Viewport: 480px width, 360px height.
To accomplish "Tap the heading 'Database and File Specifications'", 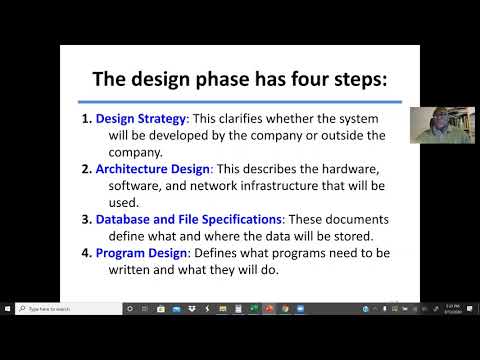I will pyautogui.click(x=189, y=219).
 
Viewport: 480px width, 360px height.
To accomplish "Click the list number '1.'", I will pyautogui.click(x=86, y=119).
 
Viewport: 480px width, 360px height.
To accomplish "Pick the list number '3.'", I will pyautogui.click(x=86, y=219).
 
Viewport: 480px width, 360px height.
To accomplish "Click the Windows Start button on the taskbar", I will pyautogui.click(x=7, y=309).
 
